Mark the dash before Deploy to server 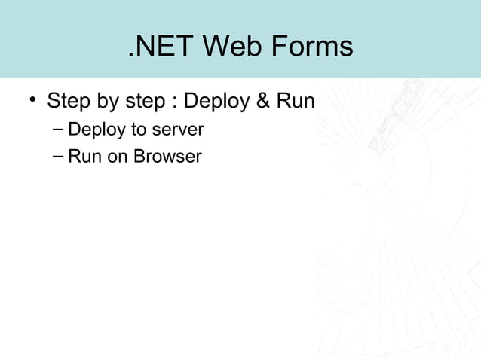pyautogui.click(x=59, y=130)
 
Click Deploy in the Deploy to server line pyautogui.click(x=97, y=130)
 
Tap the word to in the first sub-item pyautogui.click(x=139, y=130)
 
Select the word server pyautogui.click(x=178, y=130)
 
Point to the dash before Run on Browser pyautogui.click(x=59, y=157)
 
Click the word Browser pyautogui.click(x=167, y=157)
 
